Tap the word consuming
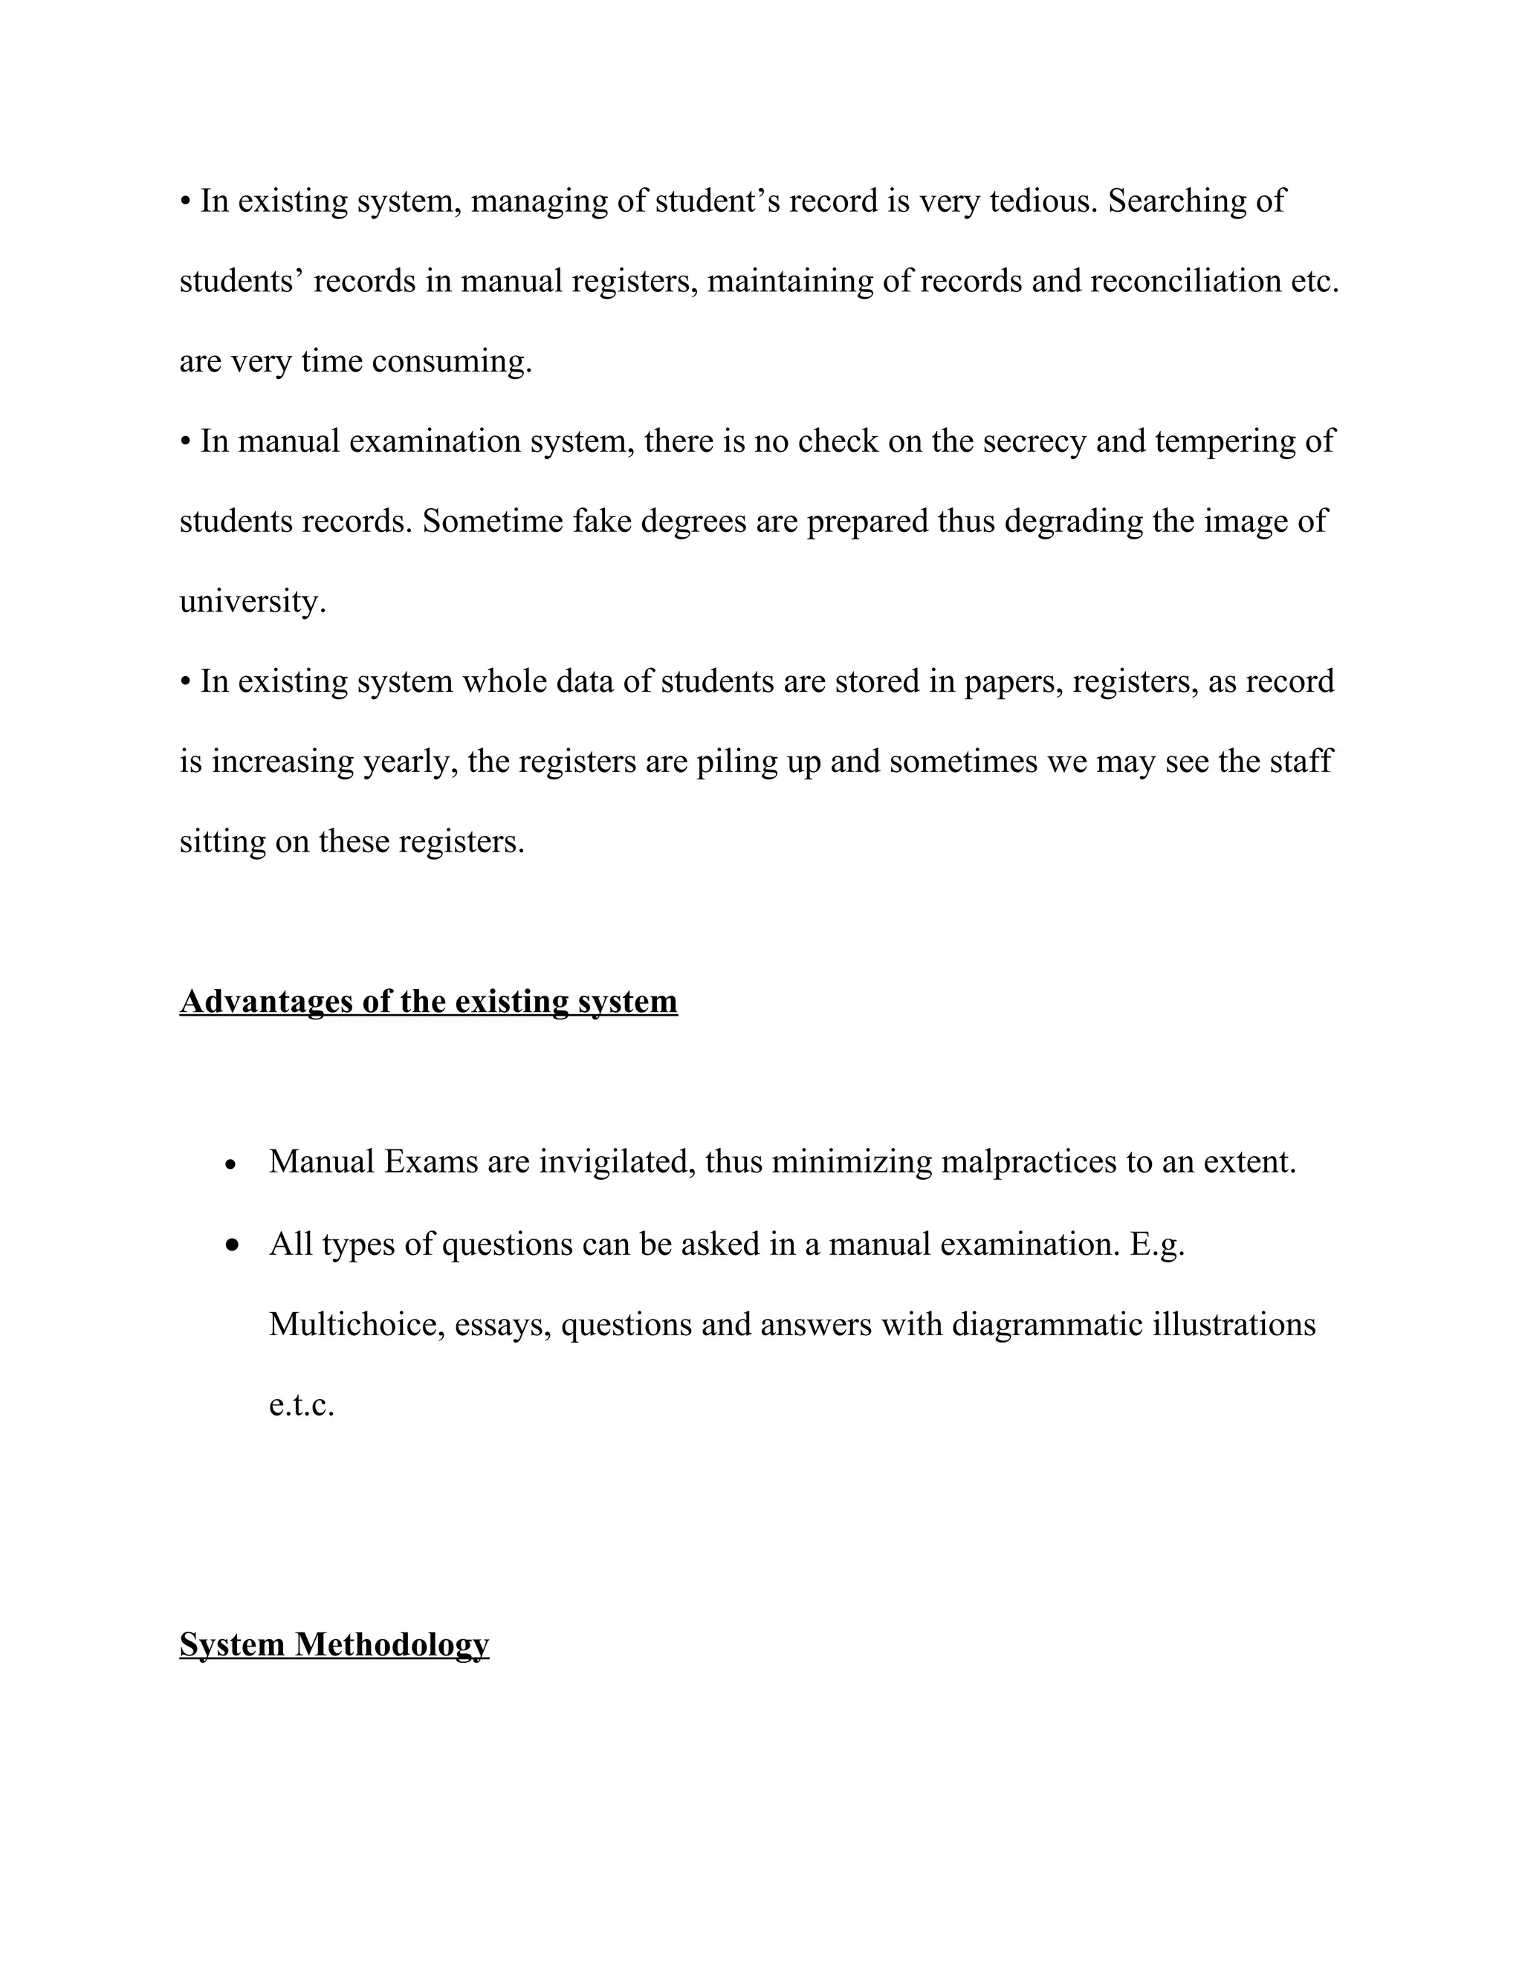451,362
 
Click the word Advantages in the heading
266,1002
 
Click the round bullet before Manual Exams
232,1166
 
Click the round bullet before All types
233,1246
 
